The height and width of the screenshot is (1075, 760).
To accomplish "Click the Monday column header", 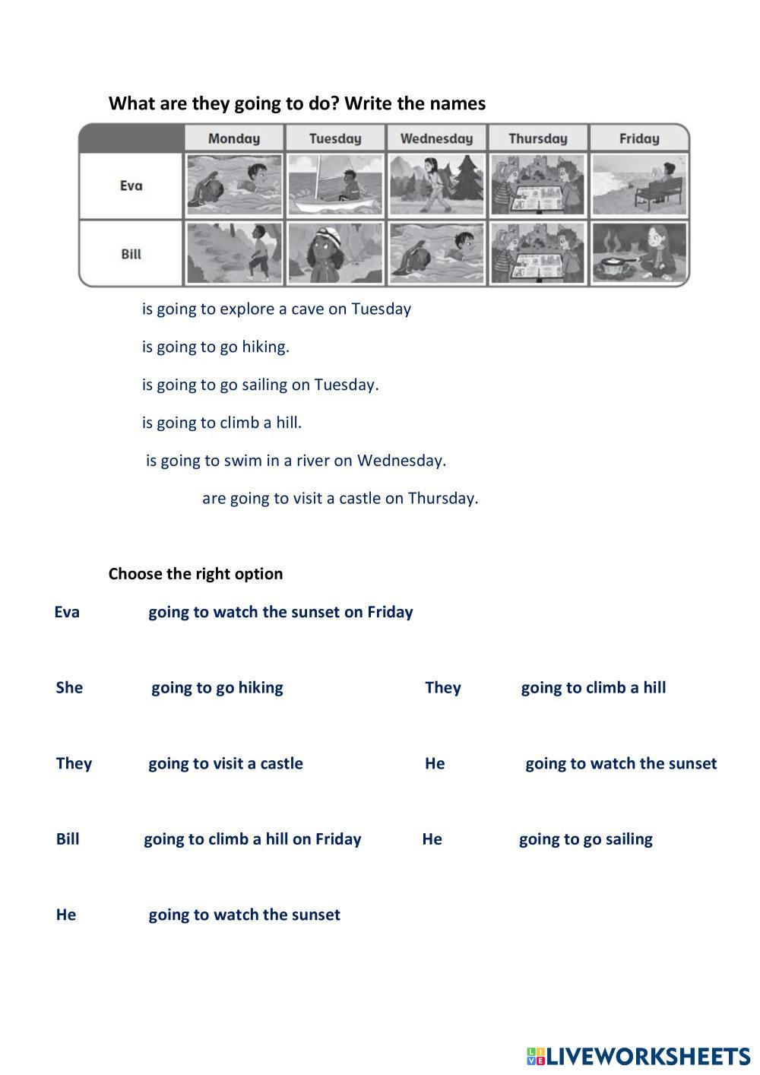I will (234, 138).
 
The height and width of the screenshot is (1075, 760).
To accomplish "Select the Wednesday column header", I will (436, 138).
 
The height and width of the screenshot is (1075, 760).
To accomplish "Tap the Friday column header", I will (639, 138).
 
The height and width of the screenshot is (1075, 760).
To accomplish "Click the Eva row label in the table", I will (131, 186).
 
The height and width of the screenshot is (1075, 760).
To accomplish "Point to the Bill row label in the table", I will (131, 254).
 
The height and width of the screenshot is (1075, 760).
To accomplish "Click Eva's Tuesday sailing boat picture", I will (335, 185).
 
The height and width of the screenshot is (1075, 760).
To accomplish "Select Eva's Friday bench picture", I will (639, 185).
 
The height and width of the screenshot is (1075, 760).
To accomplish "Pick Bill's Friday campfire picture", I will (639, 253).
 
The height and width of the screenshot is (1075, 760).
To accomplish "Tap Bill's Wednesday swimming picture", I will (436, 253).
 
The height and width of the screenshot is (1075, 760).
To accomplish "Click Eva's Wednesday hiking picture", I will (436, 185).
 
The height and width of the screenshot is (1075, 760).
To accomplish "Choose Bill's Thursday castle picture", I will (538, 253).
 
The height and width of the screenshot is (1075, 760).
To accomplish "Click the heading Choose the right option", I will (195, 574).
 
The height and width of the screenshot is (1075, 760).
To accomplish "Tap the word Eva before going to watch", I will (67, 612).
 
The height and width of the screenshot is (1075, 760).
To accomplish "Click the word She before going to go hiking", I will (69, 688).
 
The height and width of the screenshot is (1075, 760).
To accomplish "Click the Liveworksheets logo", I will (638, 1056).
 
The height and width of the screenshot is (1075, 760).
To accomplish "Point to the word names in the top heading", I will (458, 103).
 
